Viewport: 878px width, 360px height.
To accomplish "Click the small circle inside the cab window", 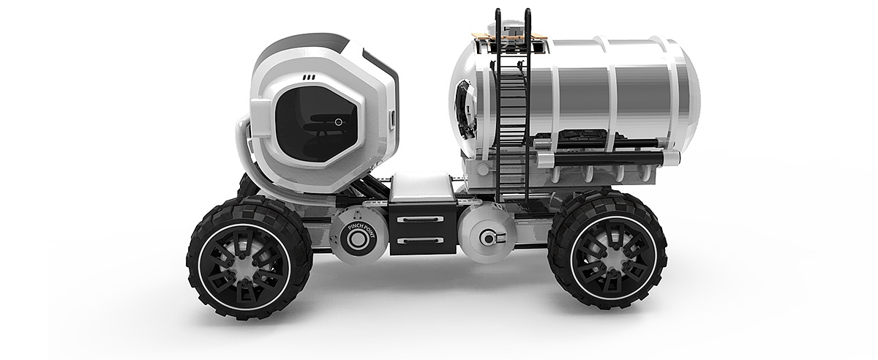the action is click(338, 122).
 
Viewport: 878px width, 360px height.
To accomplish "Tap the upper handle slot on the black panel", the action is click(420, 219).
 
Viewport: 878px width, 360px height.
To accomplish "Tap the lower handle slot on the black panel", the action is click(420, 241).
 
